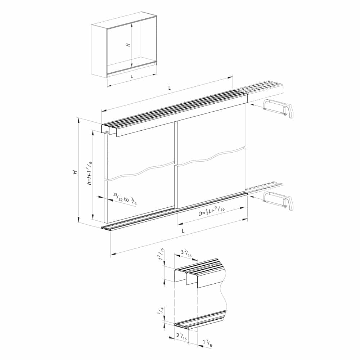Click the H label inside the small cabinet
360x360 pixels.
tap(128, 45)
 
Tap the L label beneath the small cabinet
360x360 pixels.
tap(131, 76)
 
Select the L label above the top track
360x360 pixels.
tap(170, 88)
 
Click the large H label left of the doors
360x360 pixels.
tap(75, 172)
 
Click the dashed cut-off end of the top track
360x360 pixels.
tap(265, 90)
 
